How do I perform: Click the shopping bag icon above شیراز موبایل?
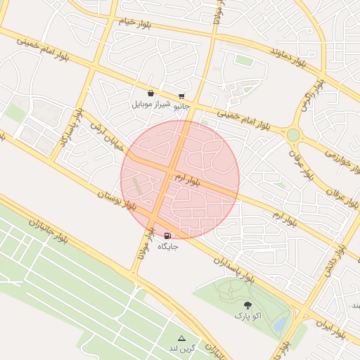[150, 93]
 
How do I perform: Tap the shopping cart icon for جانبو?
[181, 96]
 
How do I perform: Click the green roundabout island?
[293, 134]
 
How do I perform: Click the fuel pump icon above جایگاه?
[167, 236]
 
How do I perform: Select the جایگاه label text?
[168, 247]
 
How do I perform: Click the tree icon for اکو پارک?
[247, 304]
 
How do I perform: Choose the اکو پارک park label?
[247, 316]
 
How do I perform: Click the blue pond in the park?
[280, 323]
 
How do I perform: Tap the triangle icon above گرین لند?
[181, 338]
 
